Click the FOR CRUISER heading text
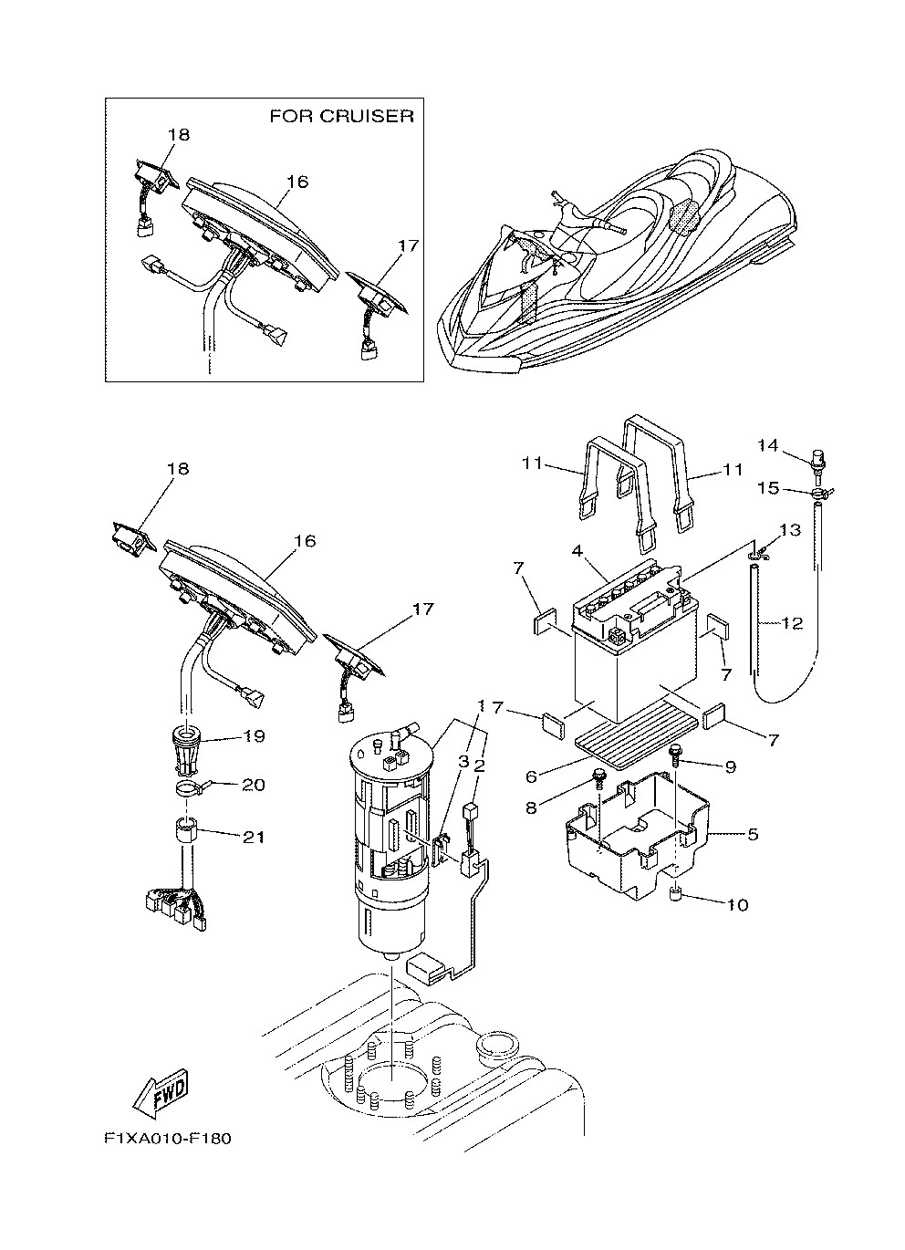[341, 117]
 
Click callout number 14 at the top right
[768, 445]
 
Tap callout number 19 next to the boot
[254, 735]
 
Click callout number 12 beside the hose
[791, 624]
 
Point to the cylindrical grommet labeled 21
[184, 832]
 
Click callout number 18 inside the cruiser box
[178, 135]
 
